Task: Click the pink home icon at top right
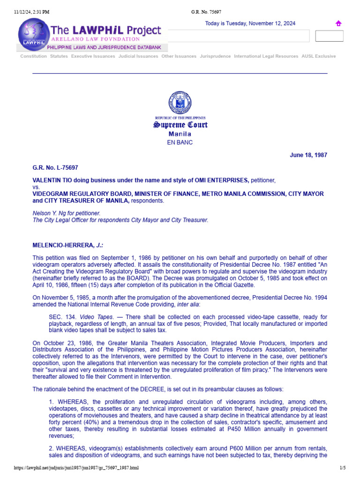coord(338,23)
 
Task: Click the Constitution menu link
coord(33,56)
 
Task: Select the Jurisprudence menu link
coord(215,56)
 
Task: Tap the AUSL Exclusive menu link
coord(319,56)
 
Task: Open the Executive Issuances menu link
coord(93,56)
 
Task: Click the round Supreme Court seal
coord(180,103)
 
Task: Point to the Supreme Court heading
coord(180,125)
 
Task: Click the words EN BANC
coord(180,142)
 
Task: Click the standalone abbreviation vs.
coord(36,187)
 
